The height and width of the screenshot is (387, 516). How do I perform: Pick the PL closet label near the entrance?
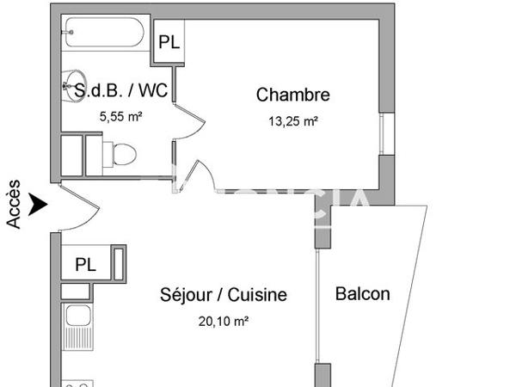[x=85, y=264]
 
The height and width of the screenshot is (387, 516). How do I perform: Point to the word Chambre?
[x=292, y=95]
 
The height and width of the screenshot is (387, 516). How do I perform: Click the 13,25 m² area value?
[x=293, y=121]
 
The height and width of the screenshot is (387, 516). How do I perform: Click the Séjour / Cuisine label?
[x=224, y=295]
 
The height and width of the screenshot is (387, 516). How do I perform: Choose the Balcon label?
[x=362, y=293]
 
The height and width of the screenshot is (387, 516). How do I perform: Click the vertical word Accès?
[x=14, y=205]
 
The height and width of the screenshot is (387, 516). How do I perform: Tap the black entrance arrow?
[x=37, y=205]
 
